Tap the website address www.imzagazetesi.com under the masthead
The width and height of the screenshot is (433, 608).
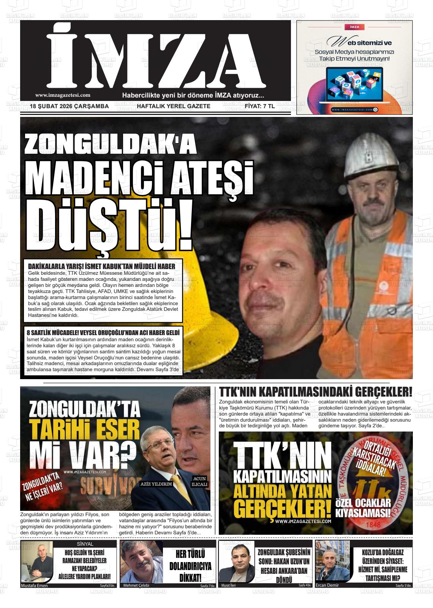[63, 95]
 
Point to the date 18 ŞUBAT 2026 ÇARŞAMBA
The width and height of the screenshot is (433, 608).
[70, 106]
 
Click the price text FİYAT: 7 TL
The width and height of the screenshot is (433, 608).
[260, 106]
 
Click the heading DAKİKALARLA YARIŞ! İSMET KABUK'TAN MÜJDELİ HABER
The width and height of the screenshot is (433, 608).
[102, 266]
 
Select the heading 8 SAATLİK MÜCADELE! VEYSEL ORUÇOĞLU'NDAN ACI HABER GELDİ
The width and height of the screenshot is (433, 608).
[103, 332]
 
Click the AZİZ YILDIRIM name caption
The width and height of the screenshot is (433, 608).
[156, 484]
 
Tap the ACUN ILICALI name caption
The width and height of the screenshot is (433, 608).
[199, 482]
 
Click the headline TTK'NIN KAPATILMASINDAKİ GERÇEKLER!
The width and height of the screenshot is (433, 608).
[316, 392]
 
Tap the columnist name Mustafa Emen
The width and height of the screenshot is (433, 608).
[34, 586]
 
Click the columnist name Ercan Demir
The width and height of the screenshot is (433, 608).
[327, 585]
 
